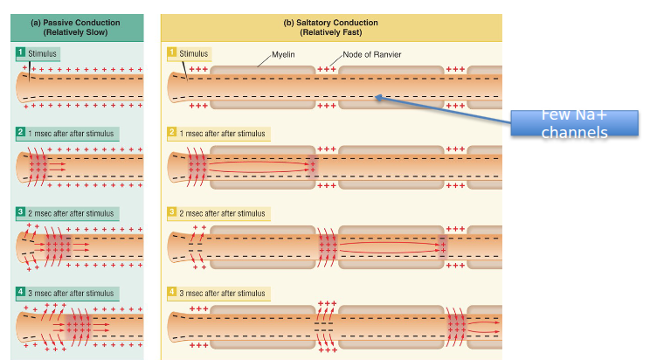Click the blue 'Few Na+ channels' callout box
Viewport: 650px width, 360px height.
click(573, 124)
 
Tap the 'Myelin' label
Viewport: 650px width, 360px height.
click(280, 54)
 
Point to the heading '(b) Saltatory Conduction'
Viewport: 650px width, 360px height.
click(331, 21)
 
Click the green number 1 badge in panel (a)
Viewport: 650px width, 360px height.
click(21, 54)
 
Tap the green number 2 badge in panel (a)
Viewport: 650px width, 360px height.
click(21, 134)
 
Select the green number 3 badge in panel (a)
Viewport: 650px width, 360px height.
click(21, 213)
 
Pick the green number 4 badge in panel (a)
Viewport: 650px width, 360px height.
click(21, 292)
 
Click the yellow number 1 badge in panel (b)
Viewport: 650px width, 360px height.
click(172, 54)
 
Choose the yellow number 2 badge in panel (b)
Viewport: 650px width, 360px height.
click(172, 134)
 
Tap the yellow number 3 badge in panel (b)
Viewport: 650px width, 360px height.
click(172, 213)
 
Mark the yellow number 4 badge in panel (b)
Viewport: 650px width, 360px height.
click(172, 292)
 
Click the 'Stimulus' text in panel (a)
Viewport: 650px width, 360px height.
click(43, 54)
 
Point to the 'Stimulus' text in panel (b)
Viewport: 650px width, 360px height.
click(194, 54)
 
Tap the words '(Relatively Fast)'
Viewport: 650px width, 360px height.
click(331, 32)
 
